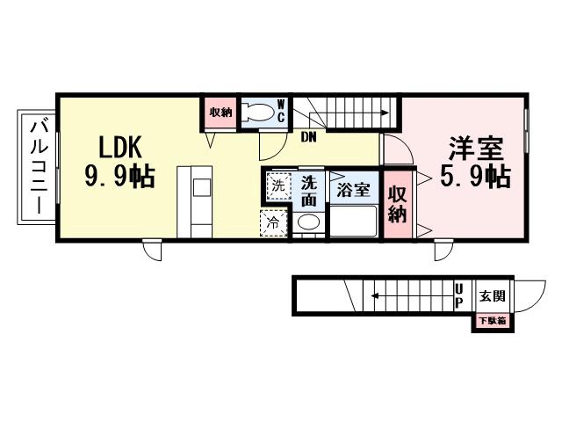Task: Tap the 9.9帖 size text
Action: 119,177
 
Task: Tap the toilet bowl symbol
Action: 256,112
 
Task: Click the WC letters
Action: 281,111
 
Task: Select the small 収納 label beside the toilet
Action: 220,112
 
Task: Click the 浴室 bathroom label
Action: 353,187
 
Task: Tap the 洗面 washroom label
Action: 309,191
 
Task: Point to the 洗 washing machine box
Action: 277,186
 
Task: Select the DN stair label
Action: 309,137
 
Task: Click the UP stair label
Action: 459,295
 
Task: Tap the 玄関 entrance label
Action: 490,295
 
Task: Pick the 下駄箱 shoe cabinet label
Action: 491,321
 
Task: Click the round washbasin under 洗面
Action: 307,223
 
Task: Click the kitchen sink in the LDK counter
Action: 201,187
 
